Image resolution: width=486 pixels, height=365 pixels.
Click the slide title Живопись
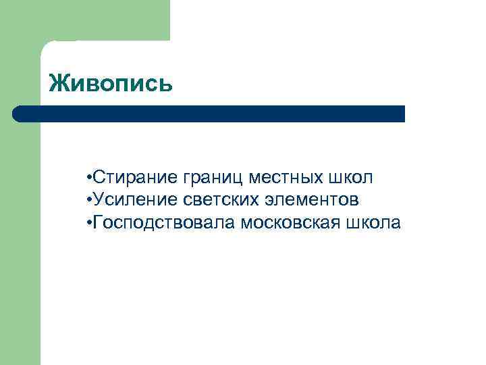tap(111, 84)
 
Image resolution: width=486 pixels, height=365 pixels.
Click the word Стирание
tap(134, 178)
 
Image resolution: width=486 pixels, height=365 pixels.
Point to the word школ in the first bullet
tap(350, 178)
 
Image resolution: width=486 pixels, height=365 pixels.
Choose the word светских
tap(212, 200)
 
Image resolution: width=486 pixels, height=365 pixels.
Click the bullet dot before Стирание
tap(89, 178)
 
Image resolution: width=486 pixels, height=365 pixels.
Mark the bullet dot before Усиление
tap(89, 201)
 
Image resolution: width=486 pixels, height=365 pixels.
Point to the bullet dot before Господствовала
tap(89, 223)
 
